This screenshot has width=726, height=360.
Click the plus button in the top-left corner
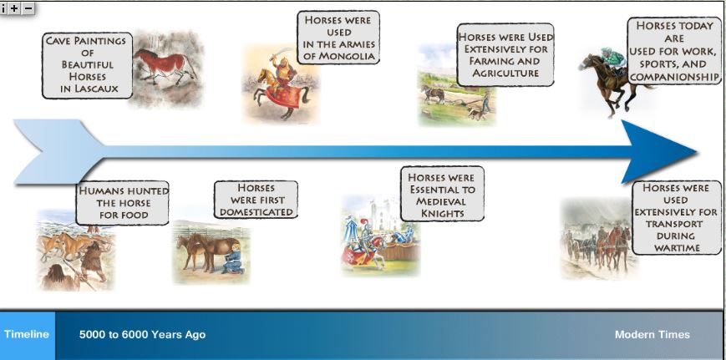(x=15, y=8)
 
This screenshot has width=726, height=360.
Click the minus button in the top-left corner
(x=28, y=8)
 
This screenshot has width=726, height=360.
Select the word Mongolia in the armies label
(x=339, y=56)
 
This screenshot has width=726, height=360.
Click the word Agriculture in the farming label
(x=505, y=74)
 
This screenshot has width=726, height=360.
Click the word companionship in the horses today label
(x=674, y=77)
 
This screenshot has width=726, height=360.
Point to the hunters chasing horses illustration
(x=71, y=251)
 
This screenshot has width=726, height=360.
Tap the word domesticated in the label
(x=256, y=212)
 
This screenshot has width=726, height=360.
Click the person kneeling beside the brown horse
(x=236, y=255)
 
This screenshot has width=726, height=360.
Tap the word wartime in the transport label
(x=676, y=248)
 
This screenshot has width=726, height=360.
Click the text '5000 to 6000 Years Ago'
(x=142, y=335)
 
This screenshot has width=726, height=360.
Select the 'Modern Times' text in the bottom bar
(x=652, y=335)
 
